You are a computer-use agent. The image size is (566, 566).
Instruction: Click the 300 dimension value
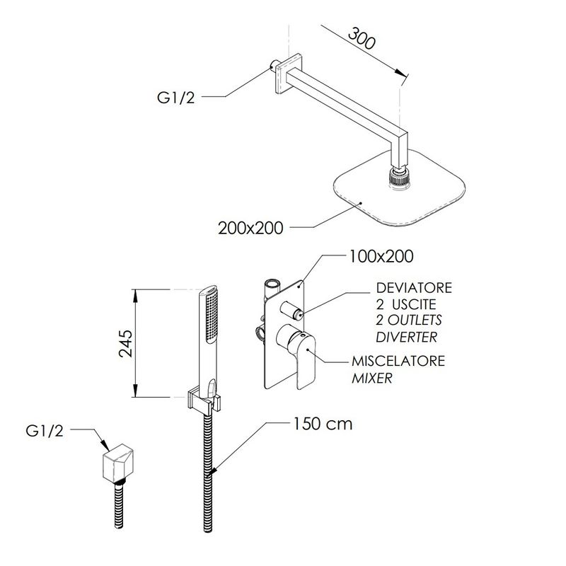pos(362,38)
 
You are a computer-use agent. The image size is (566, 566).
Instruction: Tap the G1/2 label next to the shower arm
pos(175,98)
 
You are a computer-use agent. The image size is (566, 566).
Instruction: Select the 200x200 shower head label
pos(250,228)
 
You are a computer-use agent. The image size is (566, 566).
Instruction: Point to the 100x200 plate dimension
pos(381,256)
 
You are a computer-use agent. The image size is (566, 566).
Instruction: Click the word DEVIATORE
pos(414,288)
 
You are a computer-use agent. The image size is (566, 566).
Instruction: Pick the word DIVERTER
pos(406,337)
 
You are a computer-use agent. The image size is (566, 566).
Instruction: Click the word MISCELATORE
pos(398,361)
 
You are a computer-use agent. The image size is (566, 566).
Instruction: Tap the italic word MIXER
pos(372,379)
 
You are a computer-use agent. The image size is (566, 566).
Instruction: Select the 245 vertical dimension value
pos(126,343)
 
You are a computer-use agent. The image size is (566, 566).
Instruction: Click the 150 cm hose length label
pos(323,424)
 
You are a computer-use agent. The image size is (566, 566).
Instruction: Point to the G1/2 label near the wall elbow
pos(45,431)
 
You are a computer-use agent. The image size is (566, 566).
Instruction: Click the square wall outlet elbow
pos(115,463)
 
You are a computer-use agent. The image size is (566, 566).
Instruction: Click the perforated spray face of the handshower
pos(211,317)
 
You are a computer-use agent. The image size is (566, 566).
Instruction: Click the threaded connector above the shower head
pos(399,178)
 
